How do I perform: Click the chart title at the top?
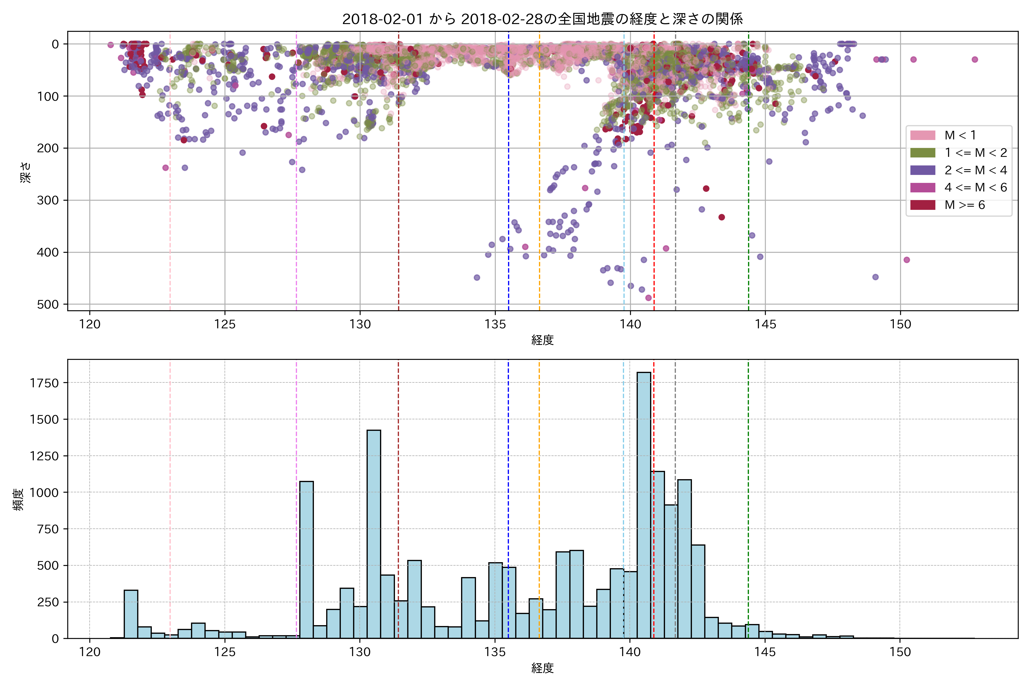542,19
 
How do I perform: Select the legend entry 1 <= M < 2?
975,153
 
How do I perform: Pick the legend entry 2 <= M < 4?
975,170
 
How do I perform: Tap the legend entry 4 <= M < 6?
975,187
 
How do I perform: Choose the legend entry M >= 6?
964,205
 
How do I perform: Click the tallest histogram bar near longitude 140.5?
644,504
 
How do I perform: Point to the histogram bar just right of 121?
131,614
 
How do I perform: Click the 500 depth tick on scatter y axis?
48,305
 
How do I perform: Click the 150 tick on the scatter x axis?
900,325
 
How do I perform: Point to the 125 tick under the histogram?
225,652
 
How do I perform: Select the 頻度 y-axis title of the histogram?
18,500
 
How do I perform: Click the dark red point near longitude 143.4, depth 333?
721,217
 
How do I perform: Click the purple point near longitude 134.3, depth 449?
477,277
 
